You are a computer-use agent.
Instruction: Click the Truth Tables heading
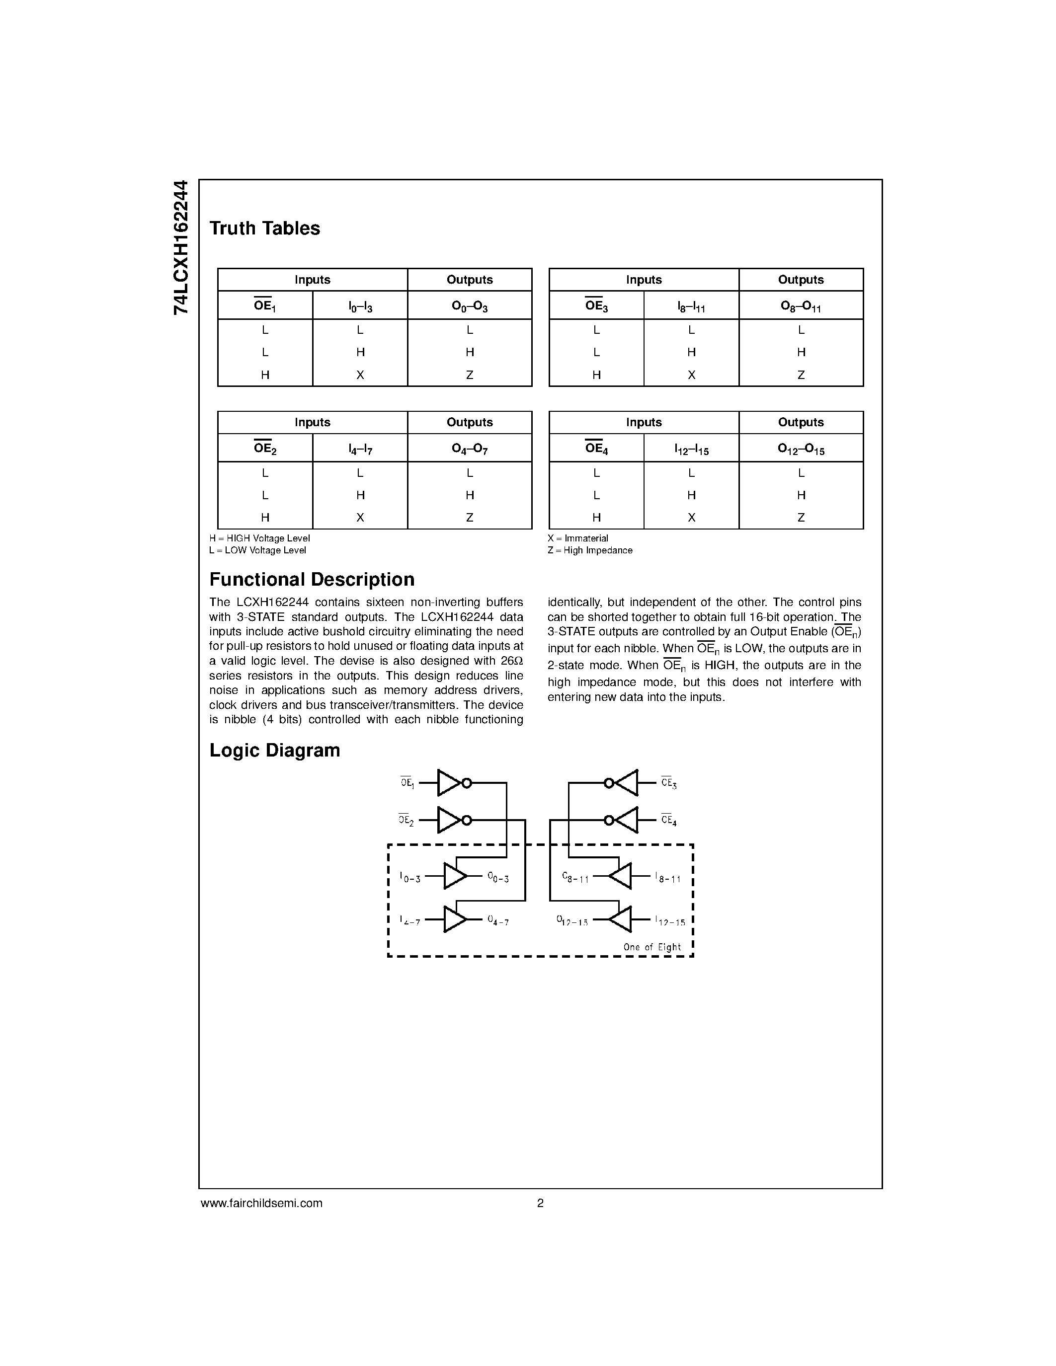265,228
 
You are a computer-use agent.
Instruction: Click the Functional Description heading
312,579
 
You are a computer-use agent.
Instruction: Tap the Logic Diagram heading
275,750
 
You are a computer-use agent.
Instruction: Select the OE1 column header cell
265,305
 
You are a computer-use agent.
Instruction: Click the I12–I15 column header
691,449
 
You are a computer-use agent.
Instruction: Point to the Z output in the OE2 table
469,517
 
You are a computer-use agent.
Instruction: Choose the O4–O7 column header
469,449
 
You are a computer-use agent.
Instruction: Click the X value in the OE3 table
691,375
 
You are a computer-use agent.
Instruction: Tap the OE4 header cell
596,448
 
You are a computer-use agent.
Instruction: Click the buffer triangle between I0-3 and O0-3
455,876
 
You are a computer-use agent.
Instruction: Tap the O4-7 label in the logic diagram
498,920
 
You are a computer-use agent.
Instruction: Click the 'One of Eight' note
652,947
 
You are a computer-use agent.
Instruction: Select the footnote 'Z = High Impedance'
590,550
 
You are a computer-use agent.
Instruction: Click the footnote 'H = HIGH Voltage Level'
259,538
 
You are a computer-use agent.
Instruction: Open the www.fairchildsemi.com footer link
261,1203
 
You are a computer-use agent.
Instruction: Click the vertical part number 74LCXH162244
180,247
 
